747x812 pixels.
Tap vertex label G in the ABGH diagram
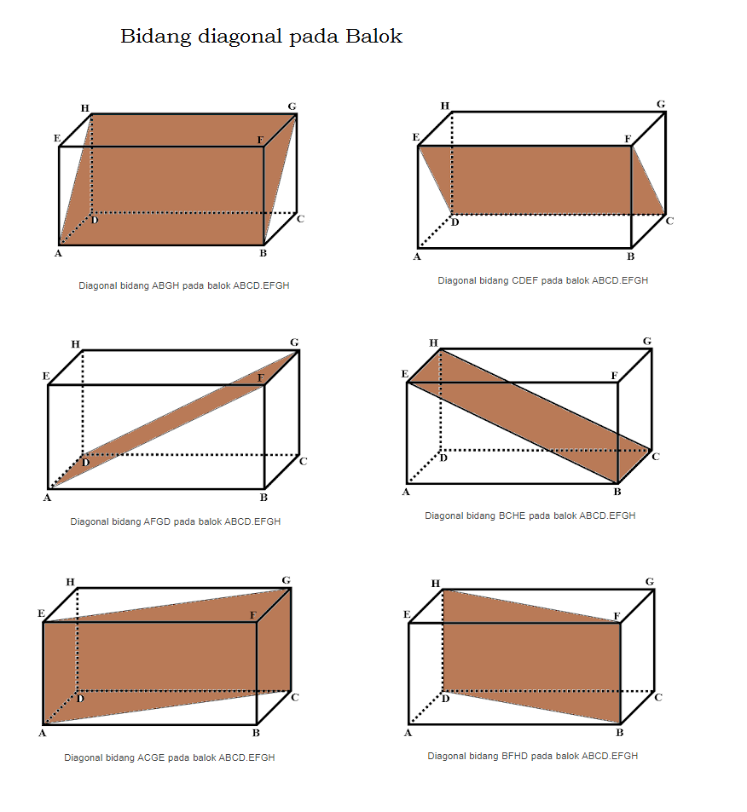pos(292,107)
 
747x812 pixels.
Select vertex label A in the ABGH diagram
pos(59,253)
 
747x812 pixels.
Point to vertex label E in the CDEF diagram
pos(415,137)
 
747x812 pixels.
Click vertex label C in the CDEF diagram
pos(669,222)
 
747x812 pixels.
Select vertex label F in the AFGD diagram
pos(260,377)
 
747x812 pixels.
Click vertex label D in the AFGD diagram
pos(85,463)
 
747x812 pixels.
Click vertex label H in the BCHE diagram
pos(433,343)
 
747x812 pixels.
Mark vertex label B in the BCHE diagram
pos(618,492)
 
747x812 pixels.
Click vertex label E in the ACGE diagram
pos(41,613)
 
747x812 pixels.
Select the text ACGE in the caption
pos(152,757)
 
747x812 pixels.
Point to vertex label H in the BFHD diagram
pos(435,583)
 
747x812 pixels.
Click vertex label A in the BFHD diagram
pos(408,732)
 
